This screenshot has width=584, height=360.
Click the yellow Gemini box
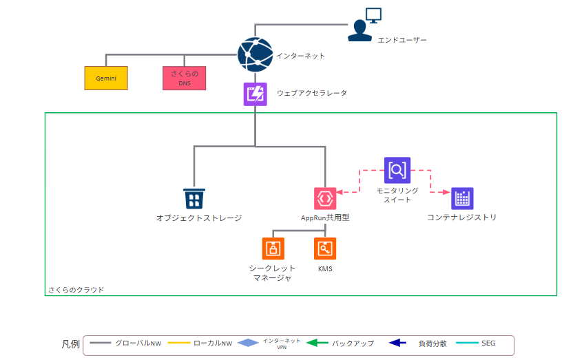click(107, 78)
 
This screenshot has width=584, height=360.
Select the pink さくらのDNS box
click(185, 78)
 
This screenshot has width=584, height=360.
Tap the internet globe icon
click(255, 54)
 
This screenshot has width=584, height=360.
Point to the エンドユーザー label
click(402, 40)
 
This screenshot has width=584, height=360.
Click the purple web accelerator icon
click(255, 94)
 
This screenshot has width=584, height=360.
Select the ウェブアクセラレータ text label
click(312, 93)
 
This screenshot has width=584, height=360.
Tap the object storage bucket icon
click(194, 199)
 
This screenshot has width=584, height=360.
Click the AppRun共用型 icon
click(325, 198)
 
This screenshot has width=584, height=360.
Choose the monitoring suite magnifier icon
click(397, 170)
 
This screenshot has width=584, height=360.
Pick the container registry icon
click(462, 199)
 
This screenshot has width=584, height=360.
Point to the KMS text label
click(325, 268)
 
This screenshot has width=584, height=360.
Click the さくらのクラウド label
click(76, 290)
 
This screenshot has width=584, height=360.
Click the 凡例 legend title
click(70, 343)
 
